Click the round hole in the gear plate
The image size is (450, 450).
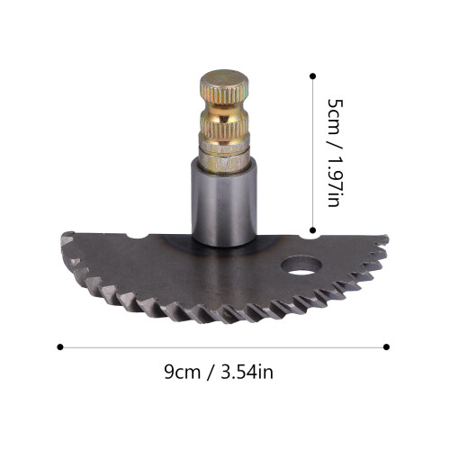tap(301, 265)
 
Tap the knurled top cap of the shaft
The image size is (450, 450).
tap(224, 87)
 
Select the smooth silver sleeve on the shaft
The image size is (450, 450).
tap(224, 202)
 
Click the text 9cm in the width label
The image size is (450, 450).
tap(182, 372)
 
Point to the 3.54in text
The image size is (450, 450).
tap(247, 372)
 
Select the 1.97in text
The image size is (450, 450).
tap(335, 181)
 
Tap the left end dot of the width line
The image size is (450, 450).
tap(60, 347)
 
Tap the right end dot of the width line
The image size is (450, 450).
tap(386, 347)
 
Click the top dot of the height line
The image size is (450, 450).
tap(312, 76)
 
